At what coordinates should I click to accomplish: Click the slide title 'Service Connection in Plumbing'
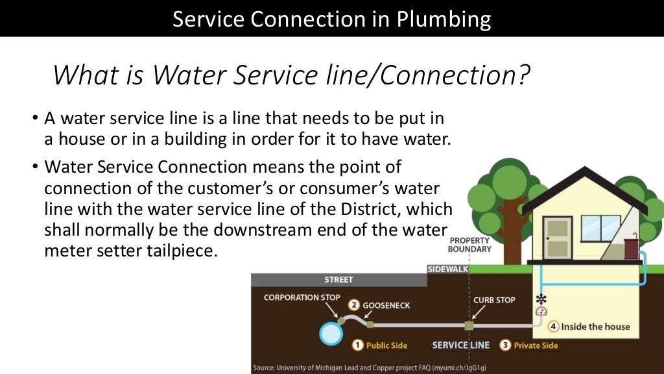(x=331, y=19)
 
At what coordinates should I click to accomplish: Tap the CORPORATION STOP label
(x=302, y=297)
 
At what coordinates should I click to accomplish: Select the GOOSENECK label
(x=386, y=305)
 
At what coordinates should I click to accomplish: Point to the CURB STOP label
(x=494, y=300)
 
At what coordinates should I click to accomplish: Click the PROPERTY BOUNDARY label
(x=470, y=245)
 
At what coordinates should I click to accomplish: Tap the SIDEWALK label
(x=448, y=269)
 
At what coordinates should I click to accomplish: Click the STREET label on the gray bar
(x=338, y=280)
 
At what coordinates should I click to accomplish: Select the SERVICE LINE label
(x=460, y=345)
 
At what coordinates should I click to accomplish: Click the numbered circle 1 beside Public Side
(x=357, y=345)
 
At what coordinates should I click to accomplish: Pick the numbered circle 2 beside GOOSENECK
(x=353, y=305)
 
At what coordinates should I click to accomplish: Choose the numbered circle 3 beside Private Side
(x=505, y=345)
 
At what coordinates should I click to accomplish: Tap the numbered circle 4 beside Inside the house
(x=553, y=326)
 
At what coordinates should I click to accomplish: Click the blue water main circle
(x=331, y=333)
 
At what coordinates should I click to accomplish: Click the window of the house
(x=600, y=227)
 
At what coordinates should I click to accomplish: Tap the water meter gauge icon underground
(x=541, y=311)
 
